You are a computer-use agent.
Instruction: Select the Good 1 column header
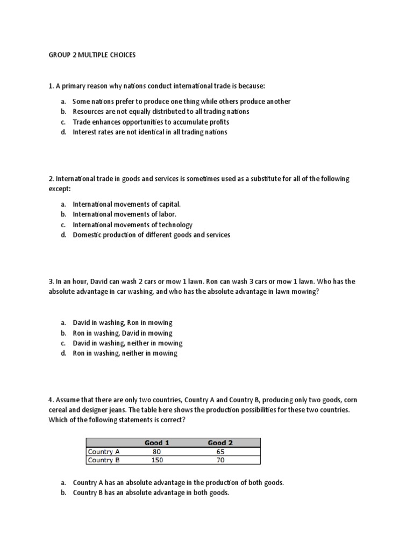click(x=157, y=443)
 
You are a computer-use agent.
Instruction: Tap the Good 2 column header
click(x=220, y=443)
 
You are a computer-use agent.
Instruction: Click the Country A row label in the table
click(x=104, y=451)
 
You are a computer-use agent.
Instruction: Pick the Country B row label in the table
click(x=104, y=460)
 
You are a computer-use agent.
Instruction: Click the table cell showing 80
click(x=157, y=451)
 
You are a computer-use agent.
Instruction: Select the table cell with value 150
click(x=157, y=460)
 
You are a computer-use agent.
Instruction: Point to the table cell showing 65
click(x=220, y=451)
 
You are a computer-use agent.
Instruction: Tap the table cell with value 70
click(x=220, y=460)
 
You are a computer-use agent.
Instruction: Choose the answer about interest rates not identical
click(x=149, y=132)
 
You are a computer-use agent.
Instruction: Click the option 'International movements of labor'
click(x=124, y=214)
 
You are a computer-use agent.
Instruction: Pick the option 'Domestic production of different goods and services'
click(x=151, y=235)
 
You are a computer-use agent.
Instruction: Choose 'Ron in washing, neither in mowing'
click(x=125, y=353)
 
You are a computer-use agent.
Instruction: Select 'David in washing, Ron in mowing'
click(x=123, y=322)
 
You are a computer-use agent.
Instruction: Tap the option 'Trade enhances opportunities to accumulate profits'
click(x=151, y=122)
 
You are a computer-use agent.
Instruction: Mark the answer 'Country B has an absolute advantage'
click(x=151, y=493)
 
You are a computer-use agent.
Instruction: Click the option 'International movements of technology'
click(x=132, y=225)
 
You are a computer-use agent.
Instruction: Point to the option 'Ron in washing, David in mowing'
click(x=123, y=332)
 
